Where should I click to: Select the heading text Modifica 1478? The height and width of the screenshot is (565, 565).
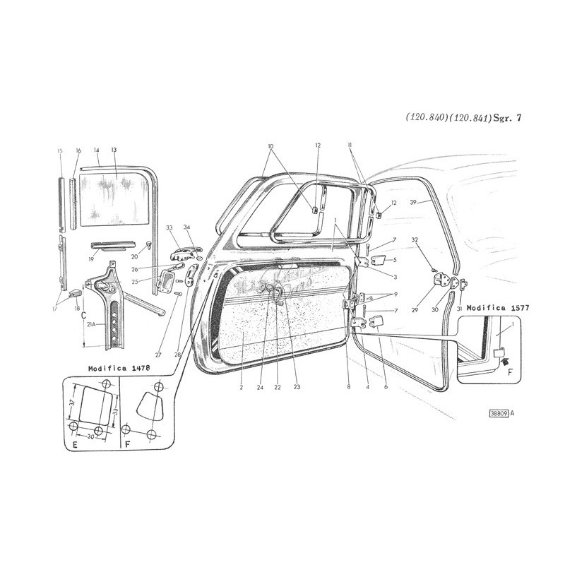point(117,369)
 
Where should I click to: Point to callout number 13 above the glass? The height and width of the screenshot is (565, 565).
point(113,150)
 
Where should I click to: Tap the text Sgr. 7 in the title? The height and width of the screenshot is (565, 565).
point(509,119)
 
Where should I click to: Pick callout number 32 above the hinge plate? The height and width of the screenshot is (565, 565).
point(417,239)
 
